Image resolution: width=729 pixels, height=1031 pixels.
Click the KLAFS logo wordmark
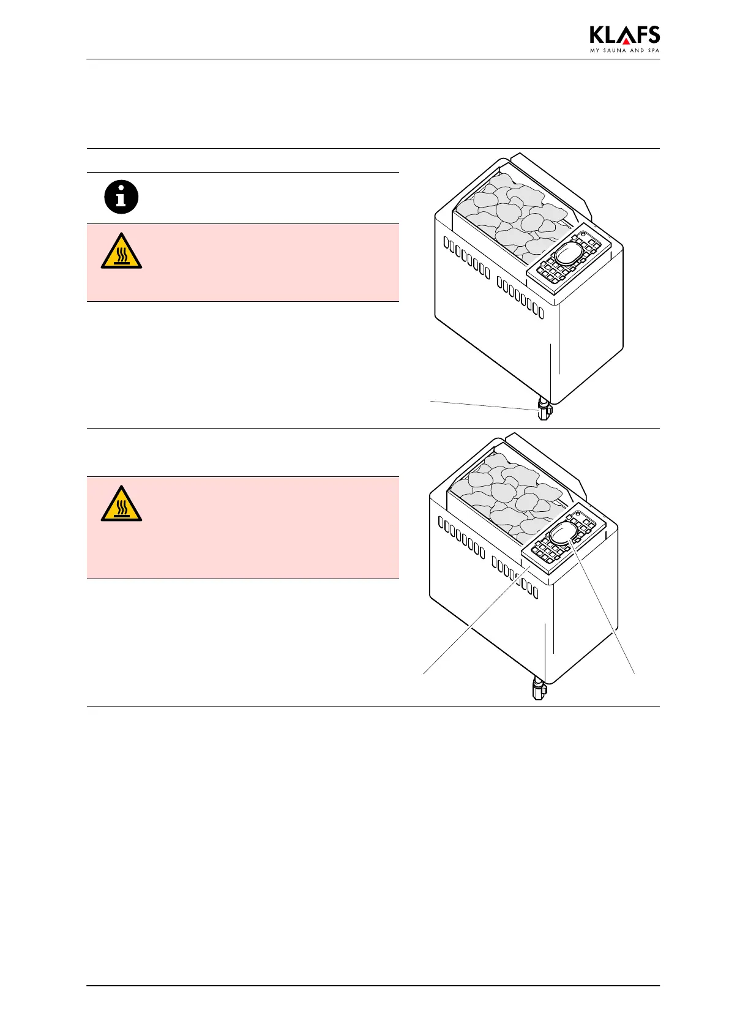pyautogui.click(x=624, y=36)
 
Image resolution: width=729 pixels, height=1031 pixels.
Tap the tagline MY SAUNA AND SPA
pyautogui.click(x=624, y=51)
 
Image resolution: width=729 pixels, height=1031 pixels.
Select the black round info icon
pyautogui.click(x=121, y=197)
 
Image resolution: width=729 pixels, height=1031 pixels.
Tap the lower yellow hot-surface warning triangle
pyautogui.click(x=121, y=506)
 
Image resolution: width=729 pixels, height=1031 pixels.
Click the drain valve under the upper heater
pyautogui.click(x=542, y=409)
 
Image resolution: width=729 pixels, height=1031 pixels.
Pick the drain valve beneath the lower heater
pyautogui.click(x=538, y=688)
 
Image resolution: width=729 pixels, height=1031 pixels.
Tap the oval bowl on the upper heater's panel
pyautogui.click(x=568, y=253)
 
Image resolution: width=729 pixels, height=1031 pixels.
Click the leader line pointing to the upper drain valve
pyautogui.click(x=484, y=405)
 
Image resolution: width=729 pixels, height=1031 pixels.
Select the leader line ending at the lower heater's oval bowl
pyautogui.click(x=603, y=606)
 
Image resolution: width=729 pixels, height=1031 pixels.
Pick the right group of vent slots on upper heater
pyautogui.click(x=520, y=296)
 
